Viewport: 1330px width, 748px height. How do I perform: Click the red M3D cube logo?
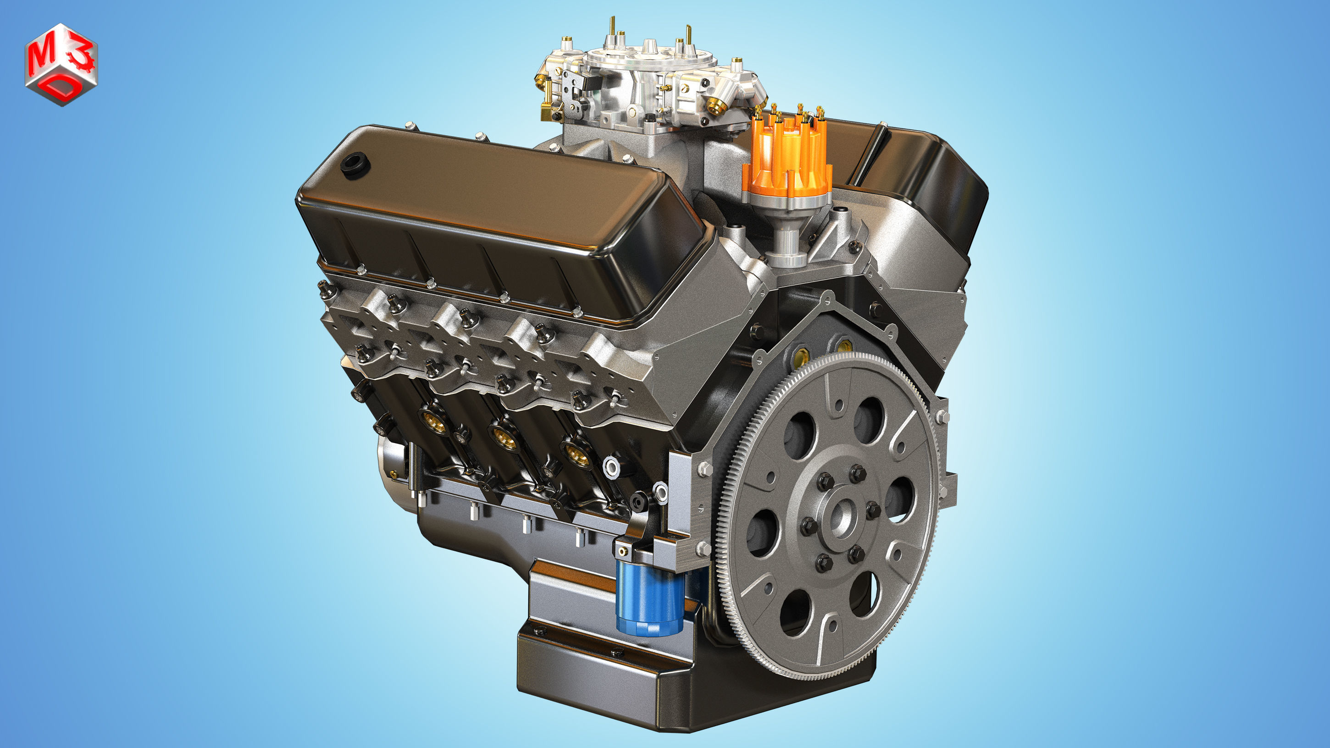pos(61,65)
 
